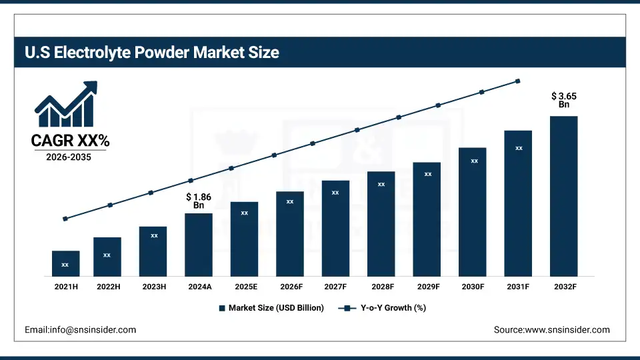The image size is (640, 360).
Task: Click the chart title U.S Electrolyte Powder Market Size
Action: tap(151, 53)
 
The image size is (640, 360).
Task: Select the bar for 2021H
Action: tap(65, 263)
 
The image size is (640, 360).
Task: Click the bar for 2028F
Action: tap(381, 223)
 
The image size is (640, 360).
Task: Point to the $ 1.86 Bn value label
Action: tap(199, 201)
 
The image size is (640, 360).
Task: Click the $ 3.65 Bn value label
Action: tap(564, 100)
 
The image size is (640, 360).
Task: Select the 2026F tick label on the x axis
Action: tap(290, 287)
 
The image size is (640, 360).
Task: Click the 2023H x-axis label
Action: tap(153, 287)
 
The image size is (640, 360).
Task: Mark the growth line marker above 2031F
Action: tap(518, 81)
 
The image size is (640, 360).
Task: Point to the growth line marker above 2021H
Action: tap(65, 219)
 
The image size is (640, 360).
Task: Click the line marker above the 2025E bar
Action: tap(231, 168)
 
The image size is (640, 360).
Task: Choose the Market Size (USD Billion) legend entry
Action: tap(271, 308)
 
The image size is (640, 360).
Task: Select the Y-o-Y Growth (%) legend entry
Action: tap(383, 308)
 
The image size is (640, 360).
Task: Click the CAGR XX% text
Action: tap(70, 141)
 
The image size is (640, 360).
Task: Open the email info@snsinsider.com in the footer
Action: tap(80, 329)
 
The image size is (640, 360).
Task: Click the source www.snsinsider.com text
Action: tap(551, 329)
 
